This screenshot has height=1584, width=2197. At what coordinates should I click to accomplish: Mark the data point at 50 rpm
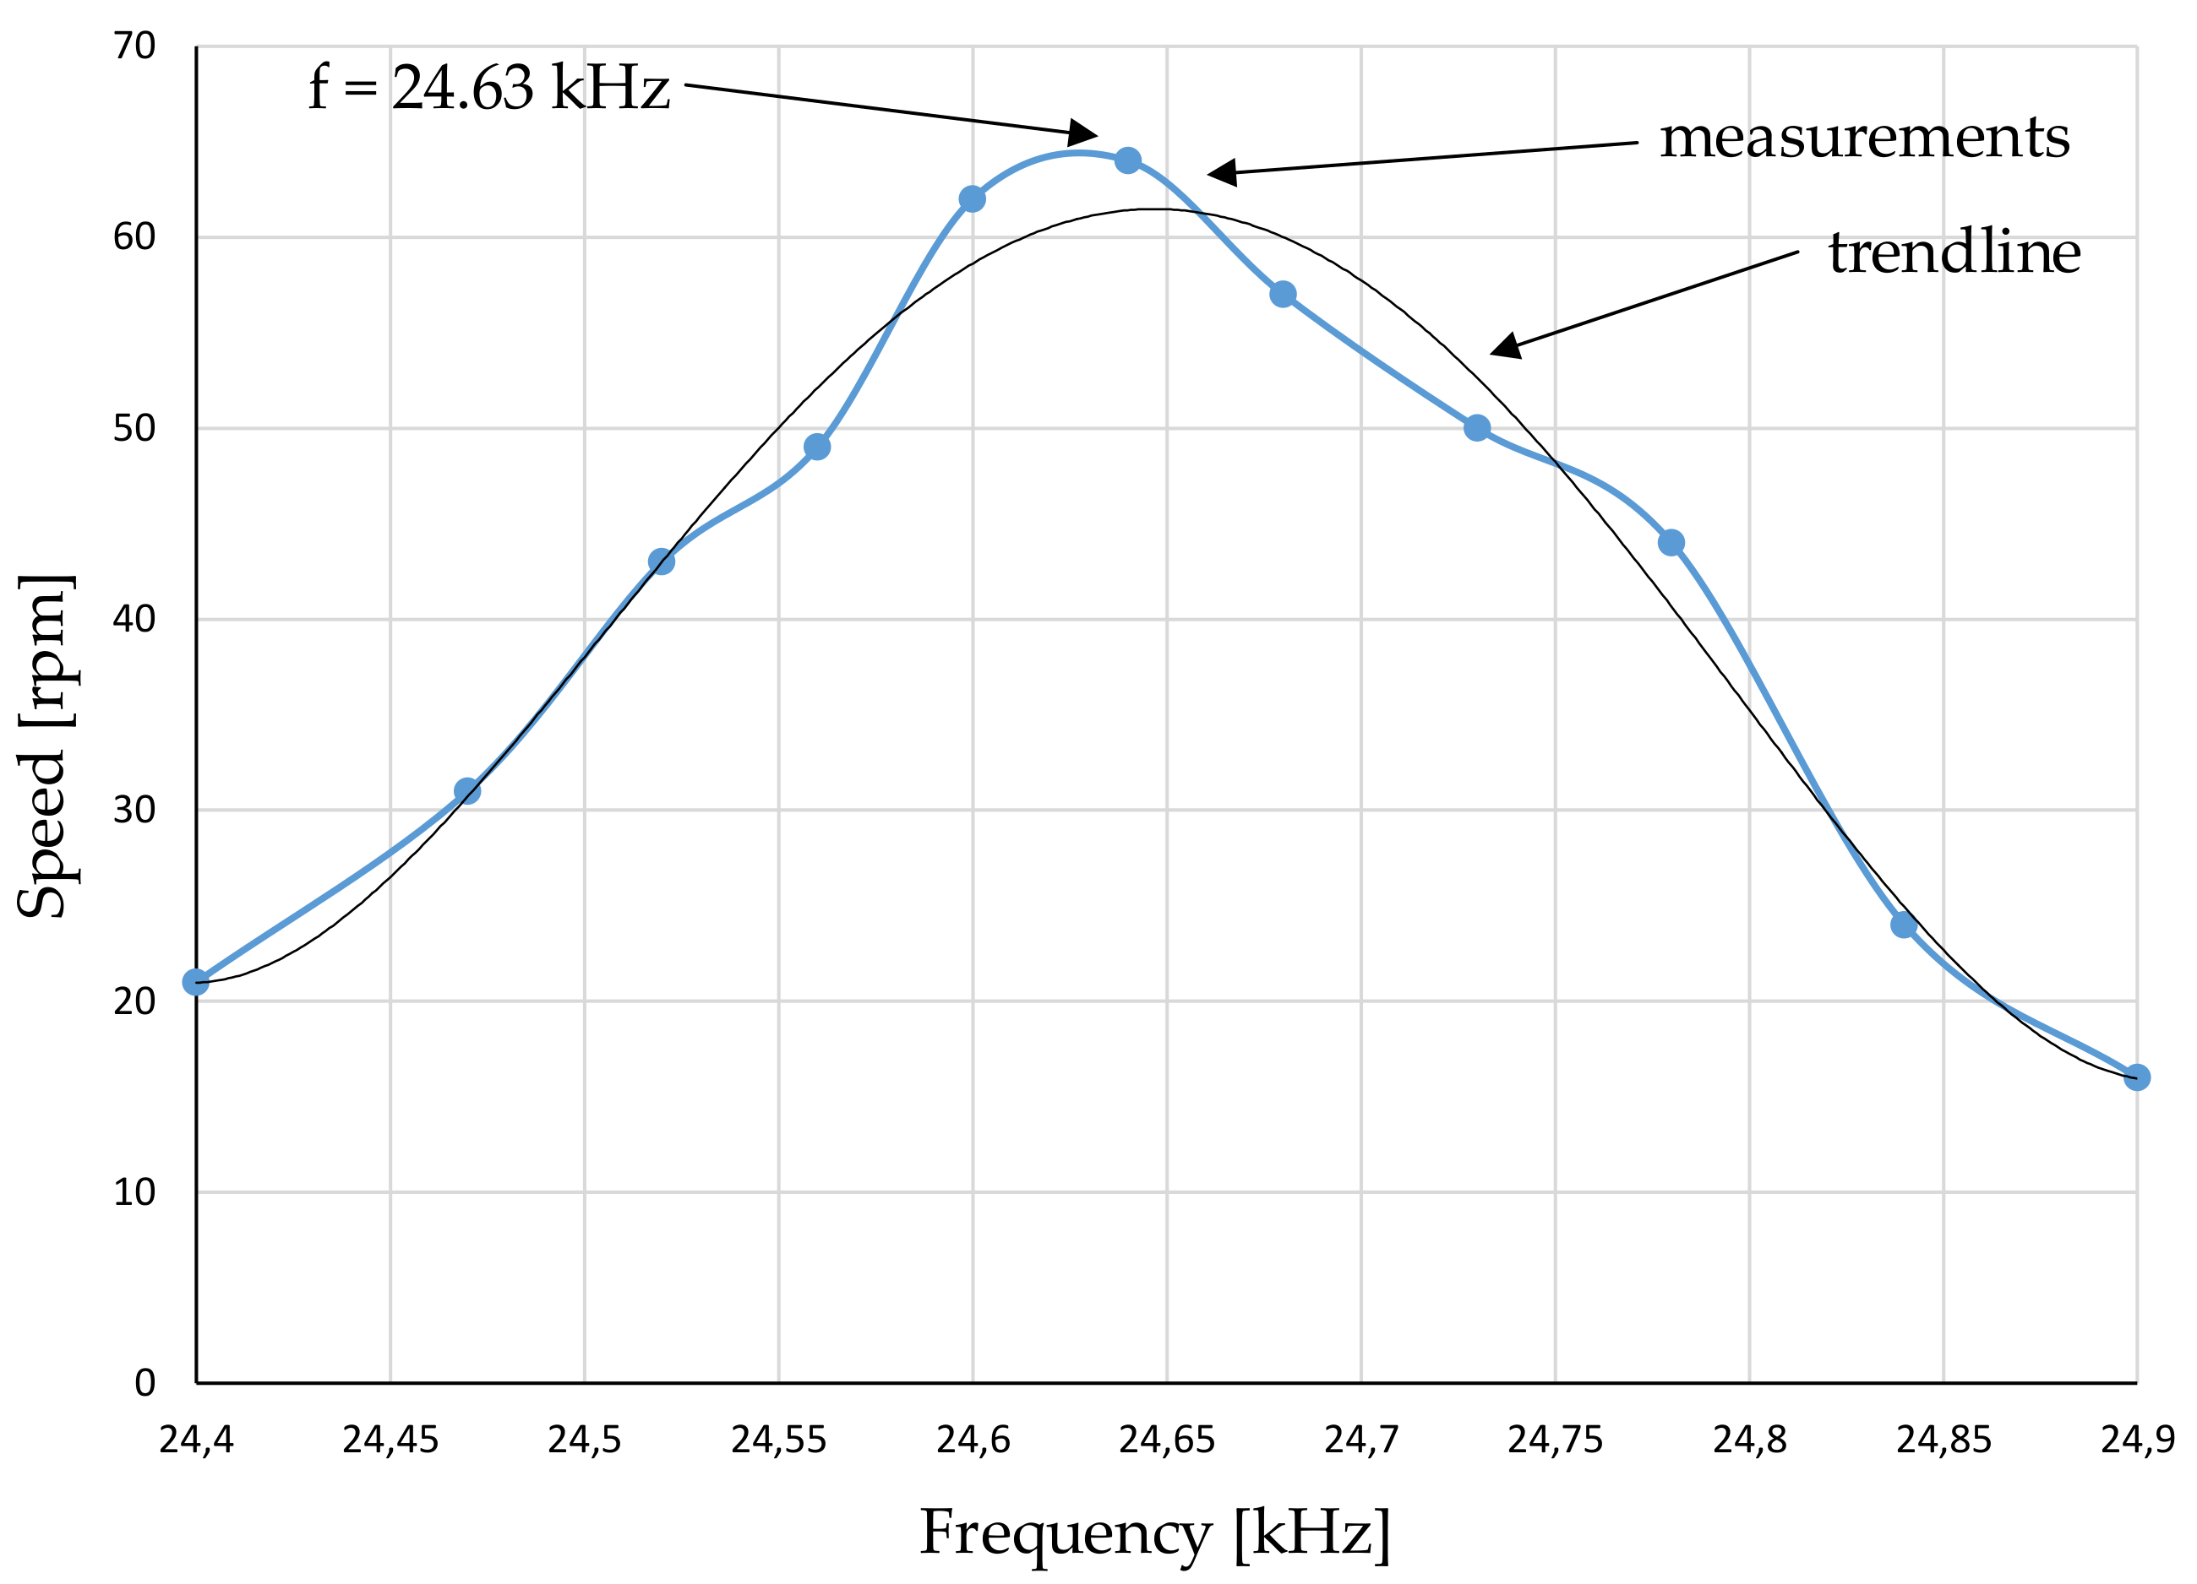coord(1476,428)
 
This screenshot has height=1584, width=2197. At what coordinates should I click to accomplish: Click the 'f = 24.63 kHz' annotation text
coord(489,88)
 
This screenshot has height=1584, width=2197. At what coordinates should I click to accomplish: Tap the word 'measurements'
coord(1865,138)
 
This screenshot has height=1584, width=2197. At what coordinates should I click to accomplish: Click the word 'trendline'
coord(1954,252)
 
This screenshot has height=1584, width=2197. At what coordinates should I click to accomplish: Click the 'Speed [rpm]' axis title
coord(44,746)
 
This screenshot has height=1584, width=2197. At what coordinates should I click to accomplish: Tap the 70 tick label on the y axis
coord(134,46)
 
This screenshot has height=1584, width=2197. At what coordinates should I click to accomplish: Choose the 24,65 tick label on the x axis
coord(1166,1440)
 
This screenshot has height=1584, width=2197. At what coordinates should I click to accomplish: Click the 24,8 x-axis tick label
coord(1748,1440)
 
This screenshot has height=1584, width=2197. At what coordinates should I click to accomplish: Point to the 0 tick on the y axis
coord(145,1382)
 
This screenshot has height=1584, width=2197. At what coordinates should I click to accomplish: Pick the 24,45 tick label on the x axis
coord(390,1440)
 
